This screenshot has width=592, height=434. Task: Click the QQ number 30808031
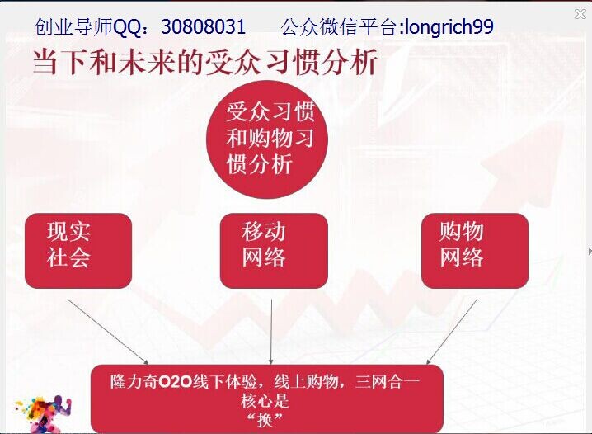[x=203, y=27]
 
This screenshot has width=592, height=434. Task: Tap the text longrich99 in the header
[x=449, y=27]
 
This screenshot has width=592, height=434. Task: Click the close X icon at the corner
[x=580, y=14]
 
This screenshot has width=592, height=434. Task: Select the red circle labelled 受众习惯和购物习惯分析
[x=267, y=139]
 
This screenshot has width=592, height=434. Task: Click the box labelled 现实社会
[x=78, y=251]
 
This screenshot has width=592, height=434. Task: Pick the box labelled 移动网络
[x=274, y=251]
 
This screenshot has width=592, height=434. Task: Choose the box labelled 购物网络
[x=475, y=251]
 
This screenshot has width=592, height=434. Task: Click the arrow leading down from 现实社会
[x=108, y=332]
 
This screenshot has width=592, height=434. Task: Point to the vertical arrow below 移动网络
[x=271, y=332]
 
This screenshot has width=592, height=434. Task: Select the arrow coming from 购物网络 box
[x=452, y=332]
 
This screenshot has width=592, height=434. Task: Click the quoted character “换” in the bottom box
[x=265, y=420]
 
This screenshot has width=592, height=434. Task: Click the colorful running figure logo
[x=42, y=413]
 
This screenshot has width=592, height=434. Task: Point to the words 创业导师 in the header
[x=73, y=27]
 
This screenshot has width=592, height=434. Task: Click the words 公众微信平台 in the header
[x=340, y=27]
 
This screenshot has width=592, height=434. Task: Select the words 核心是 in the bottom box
[x=265, y=401]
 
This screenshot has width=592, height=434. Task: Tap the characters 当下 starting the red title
[x=60, y=61]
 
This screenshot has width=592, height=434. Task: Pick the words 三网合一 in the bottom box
[x=388, y=382]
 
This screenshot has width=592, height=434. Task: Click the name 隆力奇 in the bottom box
[x=134, y=382]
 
